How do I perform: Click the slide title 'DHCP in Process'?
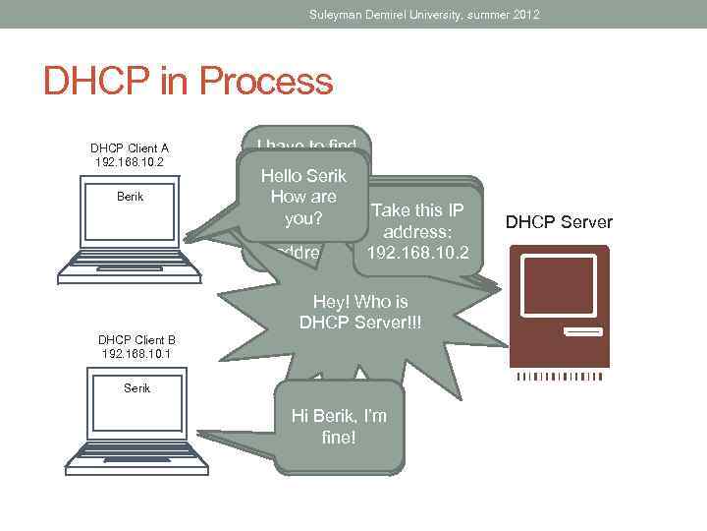click(x=188, y=81)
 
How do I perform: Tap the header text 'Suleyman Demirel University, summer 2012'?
click(x=424, y=15)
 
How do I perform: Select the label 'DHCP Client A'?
click(x=130, y=148)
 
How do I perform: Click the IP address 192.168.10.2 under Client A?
click(x=130, y=161)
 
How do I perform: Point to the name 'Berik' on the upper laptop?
click(x=130, y=197)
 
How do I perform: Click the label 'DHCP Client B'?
click(x=136, y=339)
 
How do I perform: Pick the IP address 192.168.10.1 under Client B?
click(x=136, y=352)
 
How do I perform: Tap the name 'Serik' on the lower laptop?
click(x=137, y=388)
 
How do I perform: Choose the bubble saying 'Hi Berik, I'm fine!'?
click(x=339, y=426)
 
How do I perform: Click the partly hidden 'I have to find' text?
click(x=305, y=146)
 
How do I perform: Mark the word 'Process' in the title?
click(x=271, y=81)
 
